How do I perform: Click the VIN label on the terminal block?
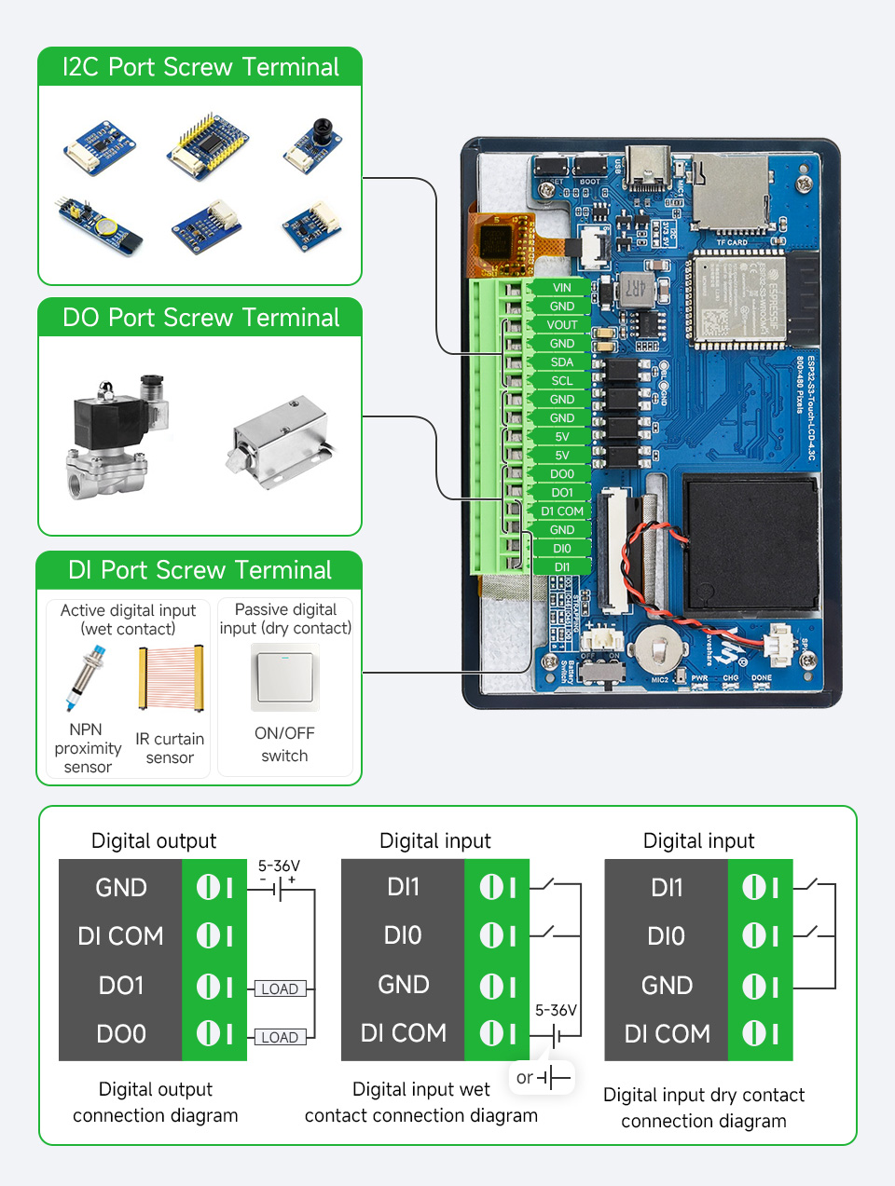coord(561,288)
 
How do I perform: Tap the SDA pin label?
coord(561,362)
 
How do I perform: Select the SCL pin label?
coord(561,381)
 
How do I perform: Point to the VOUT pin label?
coord(561,325)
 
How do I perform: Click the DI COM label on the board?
coord(561,511)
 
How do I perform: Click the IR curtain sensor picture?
coord(170,679)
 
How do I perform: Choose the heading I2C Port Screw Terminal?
coord(200,67)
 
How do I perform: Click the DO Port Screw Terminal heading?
coord(200,318)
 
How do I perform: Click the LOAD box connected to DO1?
coord(280,988)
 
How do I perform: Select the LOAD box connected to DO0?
coord(280,1037)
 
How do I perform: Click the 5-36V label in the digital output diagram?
coord(279,866)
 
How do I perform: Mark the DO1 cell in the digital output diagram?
coord(121,986)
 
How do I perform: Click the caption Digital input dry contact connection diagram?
coord(704,1108)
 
